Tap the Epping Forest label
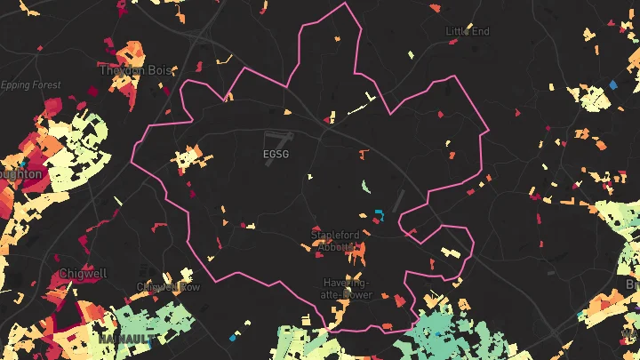point(31,85)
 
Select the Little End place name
point(468,31)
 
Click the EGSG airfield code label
point(276,154)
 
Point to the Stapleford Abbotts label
point(335,240)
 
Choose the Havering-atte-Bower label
point(347,288)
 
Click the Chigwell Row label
point(168,287)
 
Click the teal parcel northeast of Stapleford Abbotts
point(379,214)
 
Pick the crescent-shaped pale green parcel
point(365,187)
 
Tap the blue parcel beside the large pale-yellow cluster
point(612,85)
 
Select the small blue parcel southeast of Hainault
point(234,337)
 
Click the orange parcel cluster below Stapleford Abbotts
point(356,255)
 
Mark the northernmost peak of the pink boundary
point(344,5)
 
